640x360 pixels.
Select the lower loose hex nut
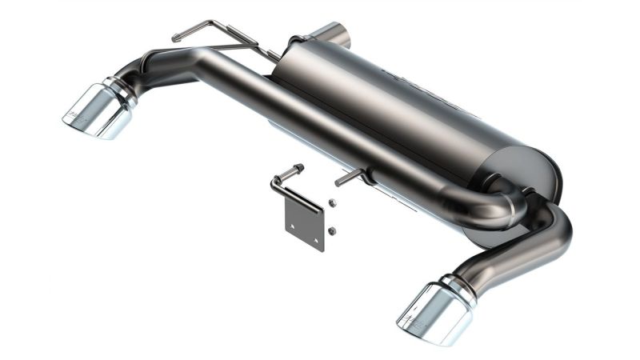(x=331, y=231)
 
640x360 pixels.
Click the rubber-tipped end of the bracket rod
(x=298, y=169)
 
